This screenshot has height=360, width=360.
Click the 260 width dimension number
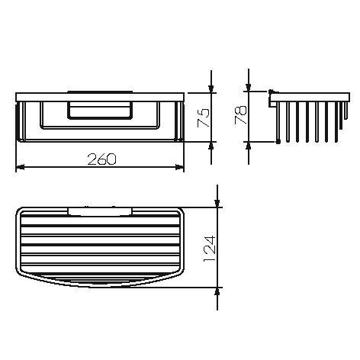pos(101,159)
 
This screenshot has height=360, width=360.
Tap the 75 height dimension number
pos(204,117)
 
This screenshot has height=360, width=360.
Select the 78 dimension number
pos(241,114)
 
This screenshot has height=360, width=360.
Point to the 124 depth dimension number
pos(210,249)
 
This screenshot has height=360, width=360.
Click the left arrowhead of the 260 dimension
pos(20,167)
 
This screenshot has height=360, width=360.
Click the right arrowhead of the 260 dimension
pos(180,167)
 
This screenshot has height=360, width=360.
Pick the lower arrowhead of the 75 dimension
pos(211,146)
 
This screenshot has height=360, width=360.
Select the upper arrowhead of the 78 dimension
pos(249,87)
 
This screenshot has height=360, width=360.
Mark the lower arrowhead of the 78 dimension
pos(249,146)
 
